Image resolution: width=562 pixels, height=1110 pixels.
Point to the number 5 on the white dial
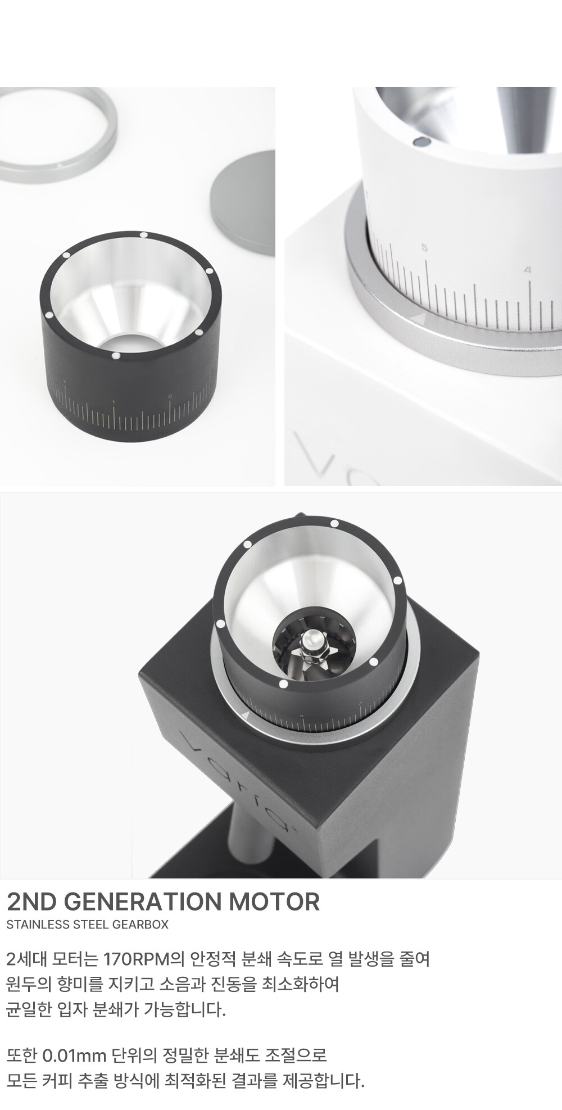click(x=424, y=248)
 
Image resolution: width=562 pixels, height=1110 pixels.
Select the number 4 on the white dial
click(x=527, y=270)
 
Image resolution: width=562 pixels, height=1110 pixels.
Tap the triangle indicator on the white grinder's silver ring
click(x=418, y=319)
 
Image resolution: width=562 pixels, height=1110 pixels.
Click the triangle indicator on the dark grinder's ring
click(x=245, y=715)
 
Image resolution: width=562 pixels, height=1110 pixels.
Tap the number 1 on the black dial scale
click(x=114, y=402)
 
